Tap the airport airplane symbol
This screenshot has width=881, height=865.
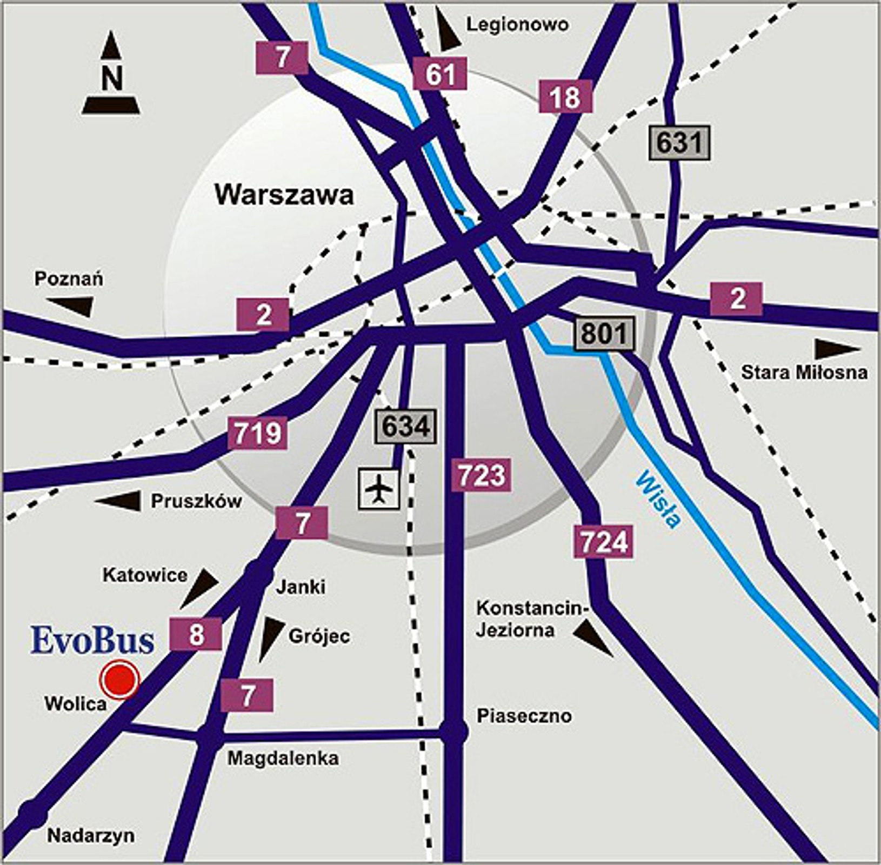(x=379, y=489)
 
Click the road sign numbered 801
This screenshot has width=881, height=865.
(x=604, y=334)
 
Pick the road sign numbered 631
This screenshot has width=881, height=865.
(x=679, y=143)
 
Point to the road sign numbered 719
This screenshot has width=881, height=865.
(x=257, y=433)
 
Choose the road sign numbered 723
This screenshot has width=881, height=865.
(x=481, y=475)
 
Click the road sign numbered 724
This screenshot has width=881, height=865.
(x=604, y=542)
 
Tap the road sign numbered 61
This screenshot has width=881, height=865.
(x=440, y=74)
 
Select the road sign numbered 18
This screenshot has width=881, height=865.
(x=565, y=97)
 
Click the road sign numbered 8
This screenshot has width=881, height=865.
(x=196, y=634)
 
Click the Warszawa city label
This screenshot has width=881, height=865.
(x=284, y=195)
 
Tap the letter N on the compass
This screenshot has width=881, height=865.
(x=111, y=78)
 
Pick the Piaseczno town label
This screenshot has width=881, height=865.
(x=524, y=716)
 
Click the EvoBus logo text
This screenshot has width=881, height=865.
(x=92, y=640)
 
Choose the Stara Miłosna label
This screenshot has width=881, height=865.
(x=804, y=372)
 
